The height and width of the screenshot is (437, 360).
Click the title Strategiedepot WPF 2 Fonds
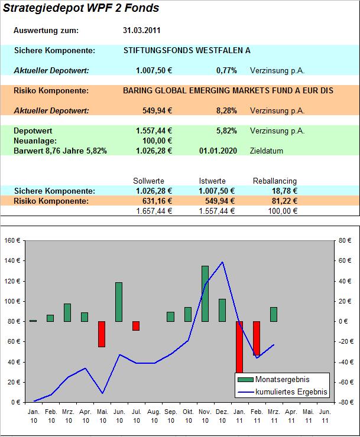coord(81,8)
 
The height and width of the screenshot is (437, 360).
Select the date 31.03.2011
coord(141,30)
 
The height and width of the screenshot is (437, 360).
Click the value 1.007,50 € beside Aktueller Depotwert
coord(154,70)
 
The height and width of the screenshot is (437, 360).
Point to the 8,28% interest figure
coord(226,110)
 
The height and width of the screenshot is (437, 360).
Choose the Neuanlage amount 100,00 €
coord(158,141)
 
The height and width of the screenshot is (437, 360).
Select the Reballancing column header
coord(275,181)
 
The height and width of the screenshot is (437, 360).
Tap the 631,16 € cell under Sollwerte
coord(154,201)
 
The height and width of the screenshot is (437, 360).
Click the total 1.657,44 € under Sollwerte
coord(153,211)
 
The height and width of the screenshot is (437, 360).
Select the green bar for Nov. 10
coord(205,293)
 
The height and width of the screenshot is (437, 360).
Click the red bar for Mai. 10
coord(102,334)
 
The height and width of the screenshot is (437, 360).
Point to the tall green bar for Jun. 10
coord(119,302)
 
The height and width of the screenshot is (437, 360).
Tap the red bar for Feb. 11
coord(257,338)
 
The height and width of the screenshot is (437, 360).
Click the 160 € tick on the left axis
coord(12,241)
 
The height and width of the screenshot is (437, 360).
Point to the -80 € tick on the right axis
coord(346,402)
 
